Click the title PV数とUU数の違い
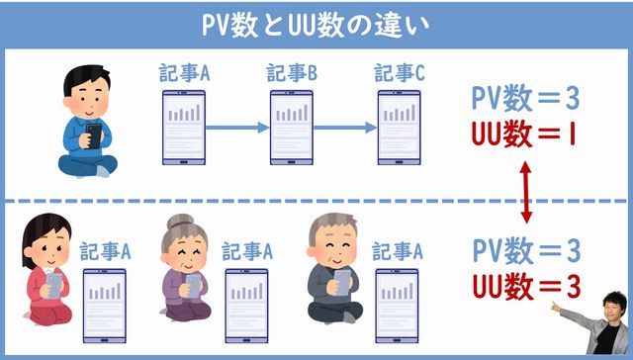(316, 23)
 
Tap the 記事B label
(292, 73)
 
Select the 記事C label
(400, 73)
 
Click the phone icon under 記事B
(292, 127)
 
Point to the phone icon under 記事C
(400, 127)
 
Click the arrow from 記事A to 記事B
(237, 128)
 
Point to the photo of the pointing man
(597, 322)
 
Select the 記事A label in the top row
(184, 73)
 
